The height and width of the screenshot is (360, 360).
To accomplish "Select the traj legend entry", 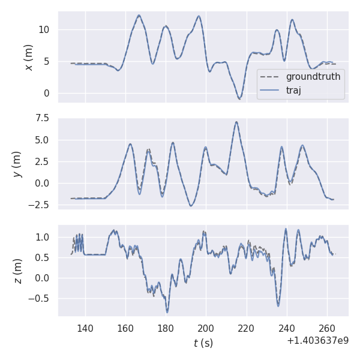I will [x=293, y=91].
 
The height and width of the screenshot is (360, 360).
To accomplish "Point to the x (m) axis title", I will [x=28, y=57].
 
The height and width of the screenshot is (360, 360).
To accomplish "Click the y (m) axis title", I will [x=17, y=163].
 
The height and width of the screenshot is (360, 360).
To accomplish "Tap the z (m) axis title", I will [x=17, y=271].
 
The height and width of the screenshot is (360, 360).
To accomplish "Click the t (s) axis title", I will [x=203, y=343].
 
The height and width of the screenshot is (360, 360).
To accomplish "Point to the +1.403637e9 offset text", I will [x=317, y=341].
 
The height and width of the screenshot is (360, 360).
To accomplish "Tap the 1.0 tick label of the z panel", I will [x=44, y=237].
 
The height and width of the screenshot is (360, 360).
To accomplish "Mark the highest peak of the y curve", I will [x=236, y=122].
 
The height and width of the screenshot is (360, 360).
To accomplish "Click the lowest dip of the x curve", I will [x=239, y=98].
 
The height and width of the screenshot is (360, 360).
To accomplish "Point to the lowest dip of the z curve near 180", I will [x=167, y=312].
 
